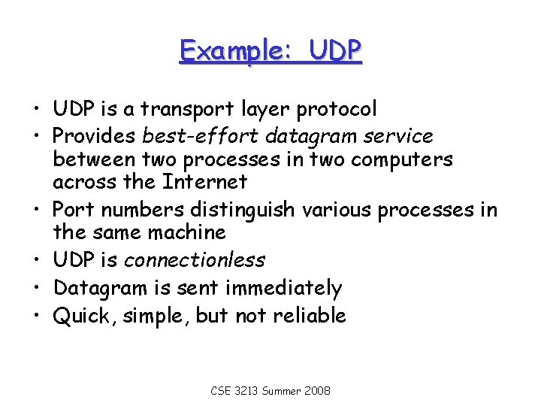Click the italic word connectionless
(194, 260)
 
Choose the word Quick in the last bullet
(79, 315)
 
